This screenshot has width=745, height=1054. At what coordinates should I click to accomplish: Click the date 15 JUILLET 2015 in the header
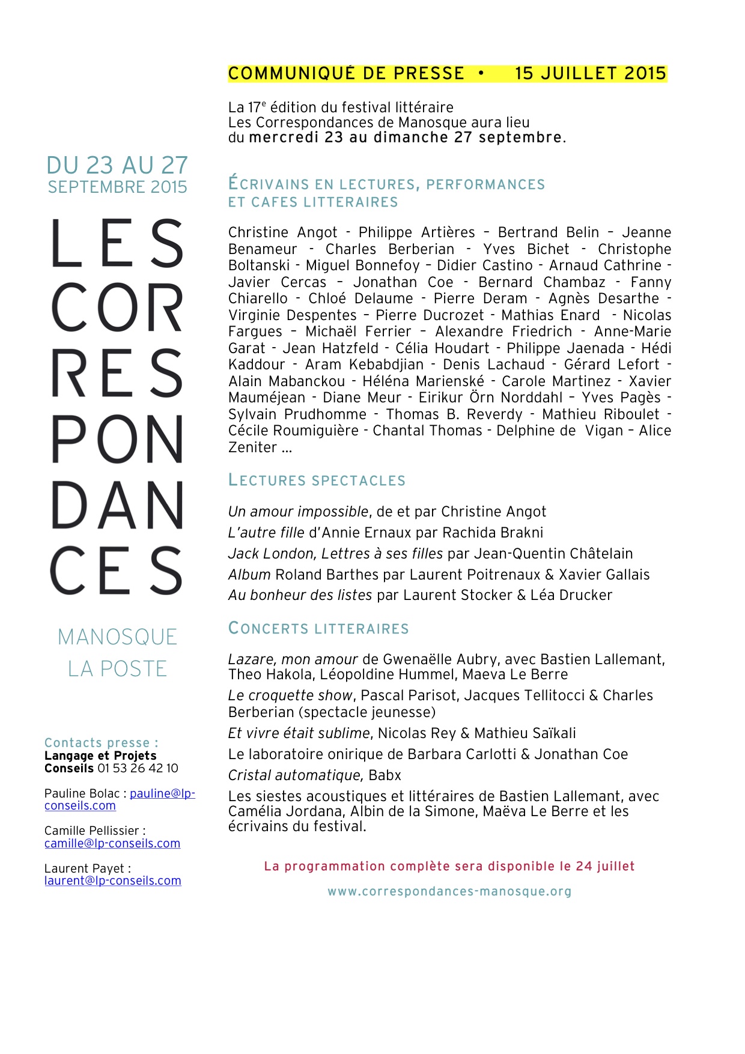pyautogui.click(x=591, y=73)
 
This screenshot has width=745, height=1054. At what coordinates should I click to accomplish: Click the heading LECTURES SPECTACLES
pyautogui.click(x=317, y=480)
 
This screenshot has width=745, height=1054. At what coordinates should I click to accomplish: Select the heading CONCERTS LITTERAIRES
pyautogui.click(x=318, y=629)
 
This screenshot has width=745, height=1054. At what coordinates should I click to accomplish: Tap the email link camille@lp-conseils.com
pyautogui.click(x=112, y=843)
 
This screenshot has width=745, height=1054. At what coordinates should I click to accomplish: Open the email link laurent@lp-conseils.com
pyautogui.click(x=113, y=880)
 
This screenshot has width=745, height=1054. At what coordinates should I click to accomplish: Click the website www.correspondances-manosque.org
pyautogui.click(x=449, y=892)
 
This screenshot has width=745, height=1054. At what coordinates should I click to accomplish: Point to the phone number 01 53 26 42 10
pyautogui.click(x=138, y=768)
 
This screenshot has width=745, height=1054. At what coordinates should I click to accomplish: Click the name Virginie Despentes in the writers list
pyautogui.click(x=293, y=315)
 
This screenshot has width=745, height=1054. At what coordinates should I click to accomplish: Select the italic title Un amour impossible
pyautogui.click(x=298, y=512)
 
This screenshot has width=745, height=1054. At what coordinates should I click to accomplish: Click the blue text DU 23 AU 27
pyautogui.click(x=117, y=165)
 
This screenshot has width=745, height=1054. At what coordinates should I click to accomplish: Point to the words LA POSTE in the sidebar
pyautogui.click(x=117, y=668)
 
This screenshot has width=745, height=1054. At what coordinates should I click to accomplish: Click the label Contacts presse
pyautogui.click(x=101, y=743)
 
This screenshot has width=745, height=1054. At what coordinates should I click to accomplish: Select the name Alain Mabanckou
pyautogui.click(x=287, y=381)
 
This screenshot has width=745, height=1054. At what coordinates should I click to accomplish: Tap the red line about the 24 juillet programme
pyautogui.click(x=449, y=866)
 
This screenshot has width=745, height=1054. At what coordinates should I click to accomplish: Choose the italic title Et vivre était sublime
pyautogui.click(x=299, y=733)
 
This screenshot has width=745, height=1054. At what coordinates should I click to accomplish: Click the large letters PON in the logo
pyautogui.click(x=117, y=440)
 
